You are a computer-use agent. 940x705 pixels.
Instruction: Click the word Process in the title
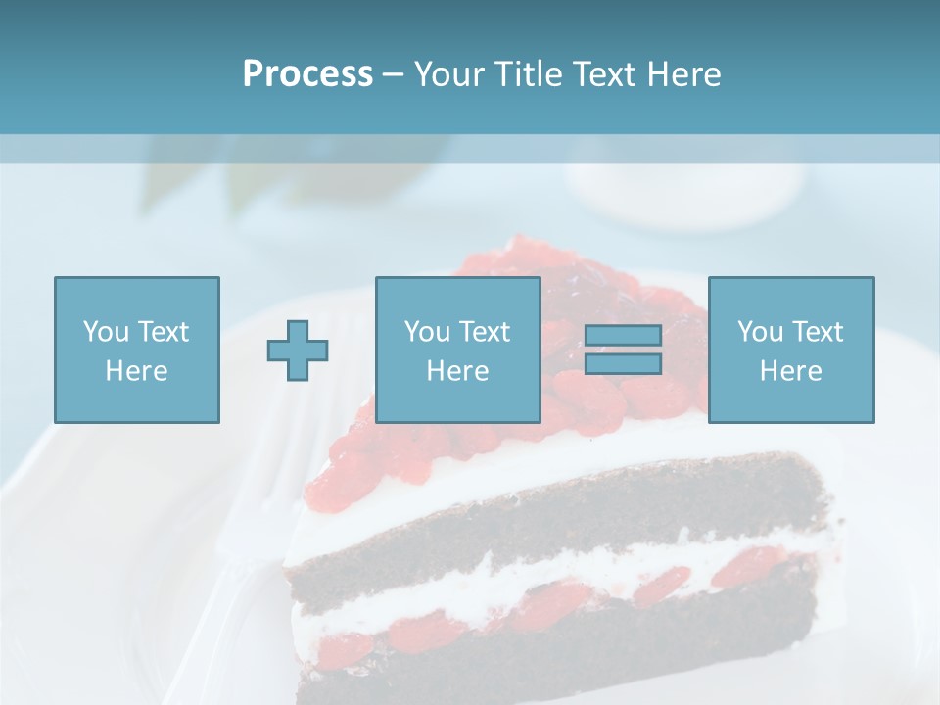click(307, 74)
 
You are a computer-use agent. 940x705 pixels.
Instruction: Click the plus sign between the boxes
click(298, 351)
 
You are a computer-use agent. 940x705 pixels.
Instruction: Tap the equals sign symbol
click(624, 351)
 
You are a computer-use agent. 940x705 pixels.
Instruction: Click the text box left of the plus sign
click(136, 350)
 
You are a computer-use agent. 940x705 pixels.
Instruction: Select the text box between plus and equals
click(457, 350)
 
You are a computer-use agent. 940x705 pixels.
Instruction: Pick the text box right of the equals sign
click(790, 350)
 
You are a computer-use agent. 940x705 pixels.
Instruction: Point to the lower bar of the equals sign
click(624, 364)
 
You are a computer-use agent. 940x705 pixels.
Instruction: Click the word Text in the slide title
click(603, 74)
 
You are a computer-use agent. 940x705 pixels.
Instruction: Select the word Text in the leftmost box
click(164, 332)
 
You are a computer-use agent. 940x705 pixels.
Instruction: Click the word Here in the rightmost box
click(790, 371)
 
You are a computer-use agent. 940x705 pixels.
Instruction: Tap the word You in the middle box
click(427, 332)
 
